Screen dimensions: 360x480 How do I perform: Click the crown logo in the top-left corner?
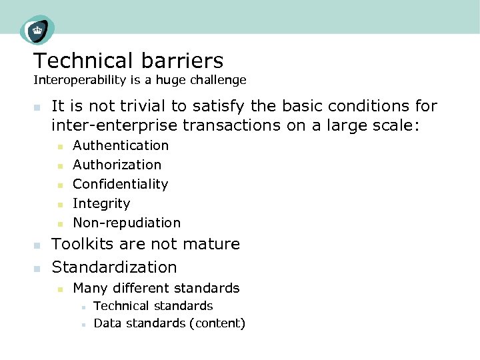tap(37, 29)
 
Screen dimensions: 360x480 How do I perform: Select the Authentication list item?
tap(121, 145)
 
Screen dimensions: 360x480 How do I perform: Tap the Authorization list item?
tap(117, 165)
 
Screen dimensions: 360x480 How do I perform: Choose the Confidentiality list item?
tap(120, 184)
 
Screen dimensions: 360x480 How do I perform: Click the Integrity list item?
tap(101, 203)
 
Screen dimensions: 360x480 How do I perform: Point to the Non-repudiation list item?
tap(127, 223)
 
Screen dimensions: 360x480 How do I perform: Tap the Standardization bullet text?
tap(114, 267)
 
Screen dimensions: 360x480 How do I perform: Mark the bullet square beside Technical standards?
tap(81, 307)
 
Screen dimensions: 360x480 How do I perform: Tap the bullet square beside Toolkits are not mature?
tap(37, 245)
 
